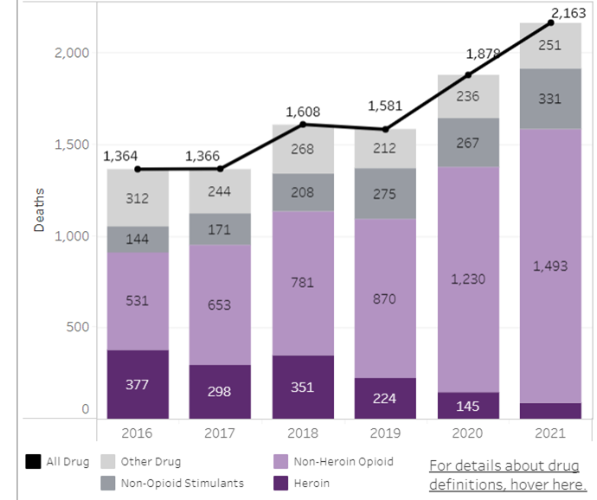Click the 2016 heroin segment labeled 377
click(138, 384)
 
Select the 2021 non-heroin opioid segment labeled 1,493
click(550, 266)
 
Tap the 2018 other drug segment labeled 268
click(303, 149)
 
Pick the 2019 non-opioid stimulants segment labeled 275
click(386, 195)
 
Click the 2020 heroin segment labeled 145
click(468, 404)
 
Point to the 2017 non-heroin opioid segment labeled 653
click(220, 304)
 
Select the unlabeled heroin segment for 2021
click(550, 410)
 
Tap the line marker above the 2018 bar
click(303, 125)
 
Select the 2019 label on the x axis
click(386, 433)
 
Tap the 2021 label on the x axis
click(550, 433)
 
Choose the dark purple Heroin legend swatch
click(279, 483)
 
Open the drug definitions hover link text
click(507, 474)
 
